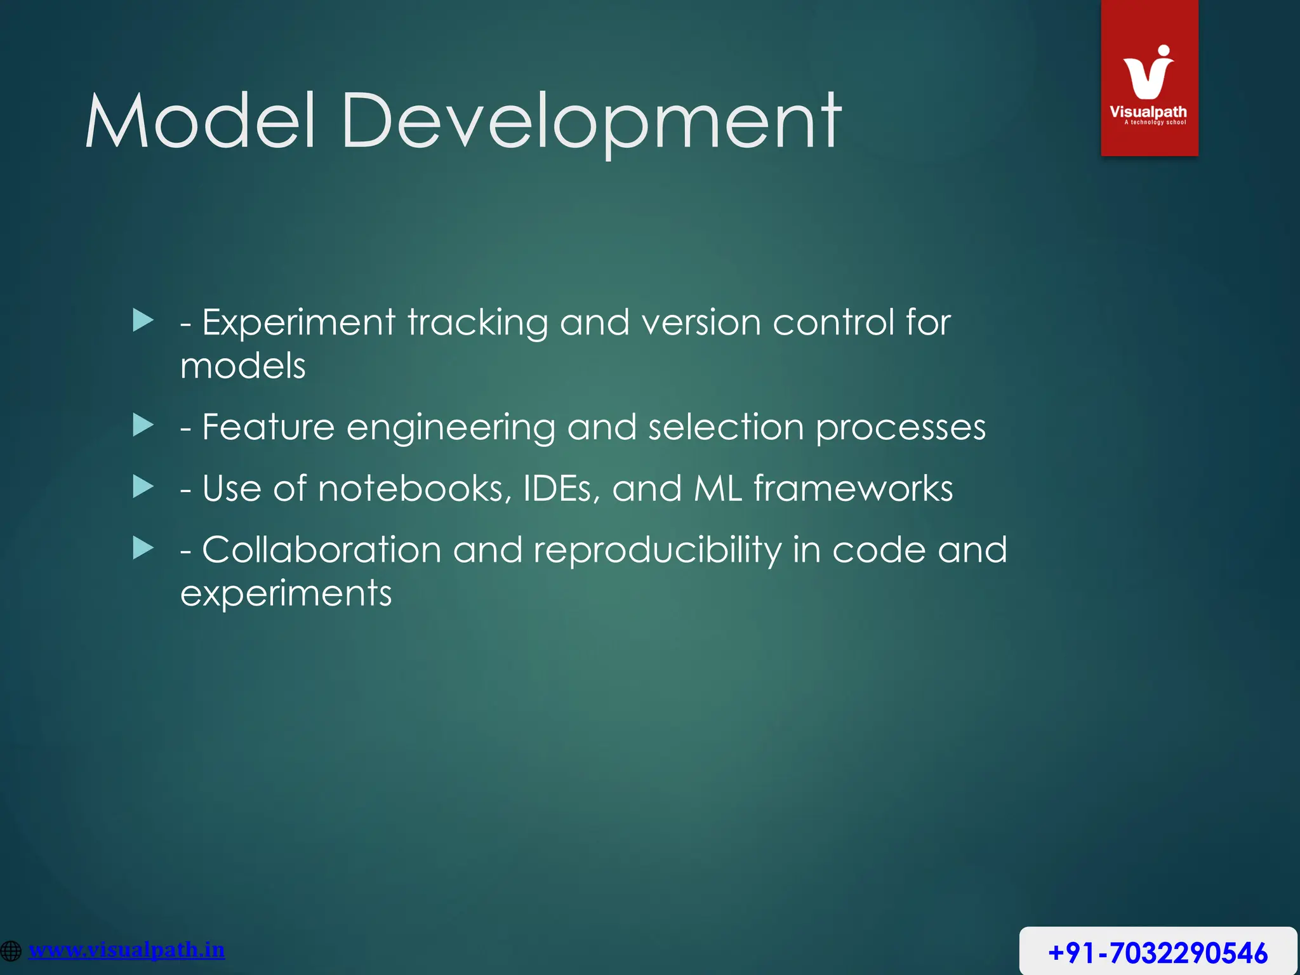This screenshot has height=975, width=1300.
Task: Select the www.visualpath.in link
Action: tap(127, 950)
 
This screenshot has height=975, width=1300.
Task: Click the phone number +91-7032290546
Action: tap(1158, 953)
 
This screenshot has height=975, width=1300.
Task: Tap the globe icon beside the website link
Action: tap(11, 951)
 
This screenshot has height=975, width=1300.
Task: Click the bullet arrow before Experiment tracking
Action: tap(143, 321)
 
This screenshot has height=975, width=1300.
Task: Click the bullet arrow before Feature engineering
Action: tap(143, 425)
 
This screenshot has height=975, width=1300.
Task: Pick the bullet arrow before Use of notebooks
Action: tap(143, 487)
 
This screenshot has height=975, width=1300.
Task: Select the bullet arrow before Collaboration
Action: tap(143, 548)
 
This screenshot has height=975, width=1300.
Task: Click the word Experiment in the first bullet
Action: tap(298, 322)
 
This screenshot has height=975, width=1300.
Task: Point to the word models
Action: tap(243, 366)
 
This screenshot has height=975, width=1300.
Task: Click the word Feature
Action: tap(268, 427)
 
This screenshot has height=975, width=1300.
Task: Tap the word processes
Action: tap(900, 428)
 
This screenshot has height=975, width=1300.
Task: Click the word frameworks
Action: tap(852, 489)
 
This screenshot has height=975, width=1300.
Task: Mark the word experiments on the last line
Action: tap(286, 594)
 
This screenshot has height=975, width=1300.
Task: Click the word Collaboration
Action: tap(321, 550)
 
